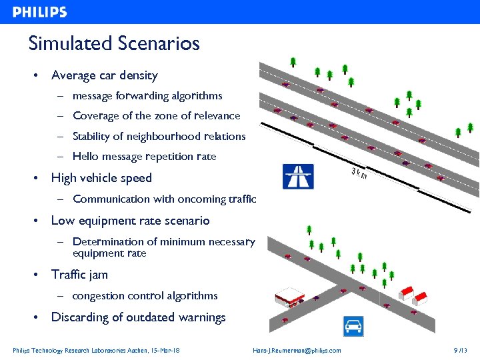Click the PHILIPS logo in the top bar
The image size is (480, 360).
click(39, 12)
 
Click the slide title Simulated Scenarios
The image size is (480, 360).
click(114, 44)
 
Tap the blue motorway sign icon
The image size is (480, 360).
click(298, 177)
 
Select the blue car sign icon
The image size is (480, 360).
click(353, 326)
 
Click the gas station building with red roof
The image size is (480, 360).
click(290, 297)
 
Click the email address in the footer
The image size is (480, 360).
click(297, 351)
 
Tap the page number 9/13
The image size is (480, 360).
click(459, 351)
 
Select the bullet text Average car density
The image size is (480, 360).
click(104, 75)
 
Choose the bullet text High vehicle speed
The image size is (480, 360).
click(101, 178)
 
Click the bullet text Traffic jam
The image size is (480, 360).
click(79, 274)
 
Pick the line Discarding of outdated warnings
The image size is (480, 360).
click(138, 317)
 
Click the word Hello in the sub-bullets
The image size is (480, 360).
click(85, 157)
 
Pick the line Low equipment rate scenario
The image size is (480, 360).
click(130, 221)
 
